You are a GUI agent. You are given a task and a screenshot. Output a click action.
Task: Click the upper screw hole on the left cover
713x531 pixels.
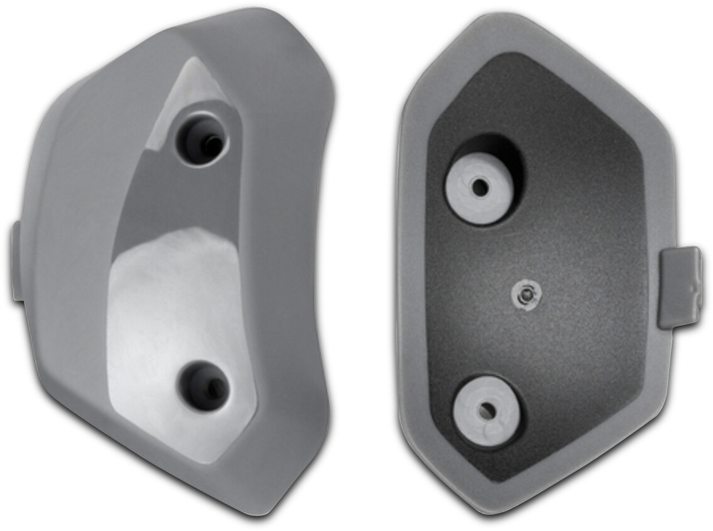click(202, 139)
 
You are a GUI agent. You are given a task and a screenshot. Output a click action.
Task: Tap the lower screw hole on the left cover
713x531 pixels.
click(203, 385)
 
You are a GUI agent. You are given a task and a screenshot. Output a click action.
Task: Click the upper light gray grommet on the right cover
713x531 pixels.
click(479, 188)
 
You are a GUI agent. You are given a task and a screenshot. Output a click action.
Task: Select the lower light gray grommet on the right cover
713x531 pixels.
click(487, 411)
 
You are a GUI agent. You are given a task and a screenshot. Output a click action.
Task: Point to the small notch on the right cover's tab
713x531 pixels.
click(693, 290)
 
